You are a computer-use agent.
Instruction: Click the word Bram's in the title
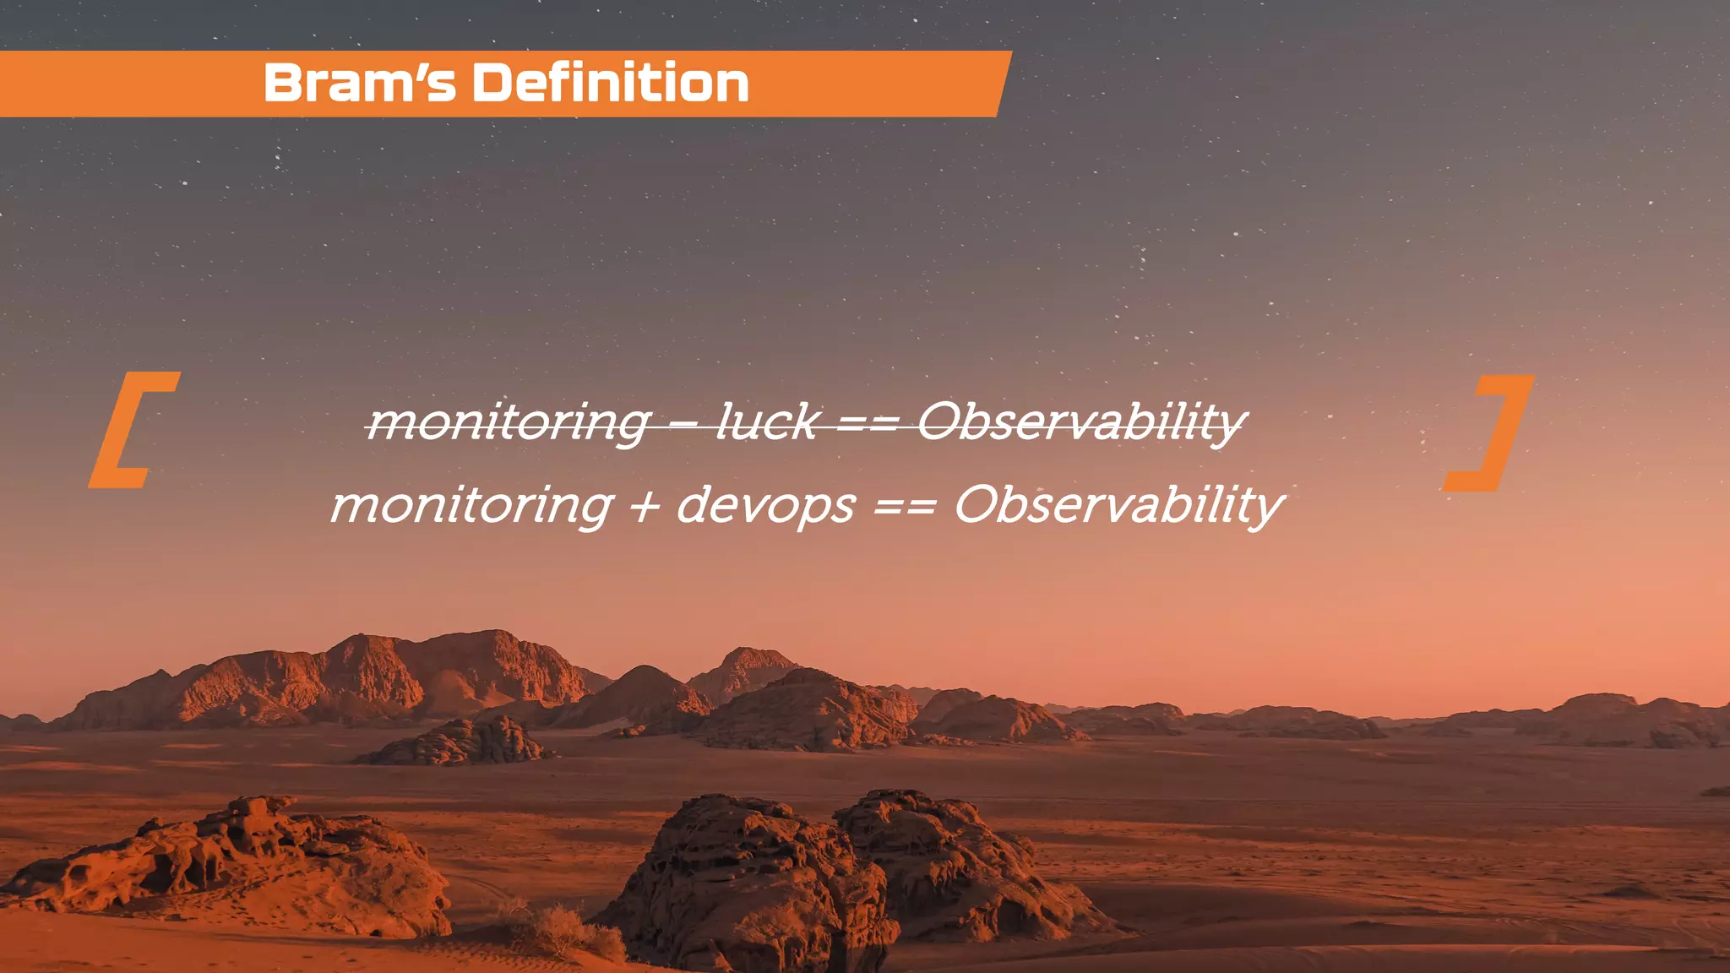coord(359,84)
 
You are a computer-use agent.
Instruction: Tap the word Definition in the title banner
coord(610,84)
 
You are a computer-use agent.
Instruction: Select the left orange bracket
coord(131,430)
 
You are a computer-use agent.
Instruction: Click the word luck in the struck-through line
coord(768,421)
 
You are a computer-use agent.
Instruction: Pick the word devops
coord(765,505)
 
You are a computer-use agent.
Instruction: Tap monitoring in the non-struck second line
coord(471,505)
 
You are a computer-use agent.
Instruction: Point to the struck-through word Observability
coord(1082,421)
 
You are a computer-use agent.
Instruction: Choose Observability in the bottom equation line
coord(1119,505)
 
